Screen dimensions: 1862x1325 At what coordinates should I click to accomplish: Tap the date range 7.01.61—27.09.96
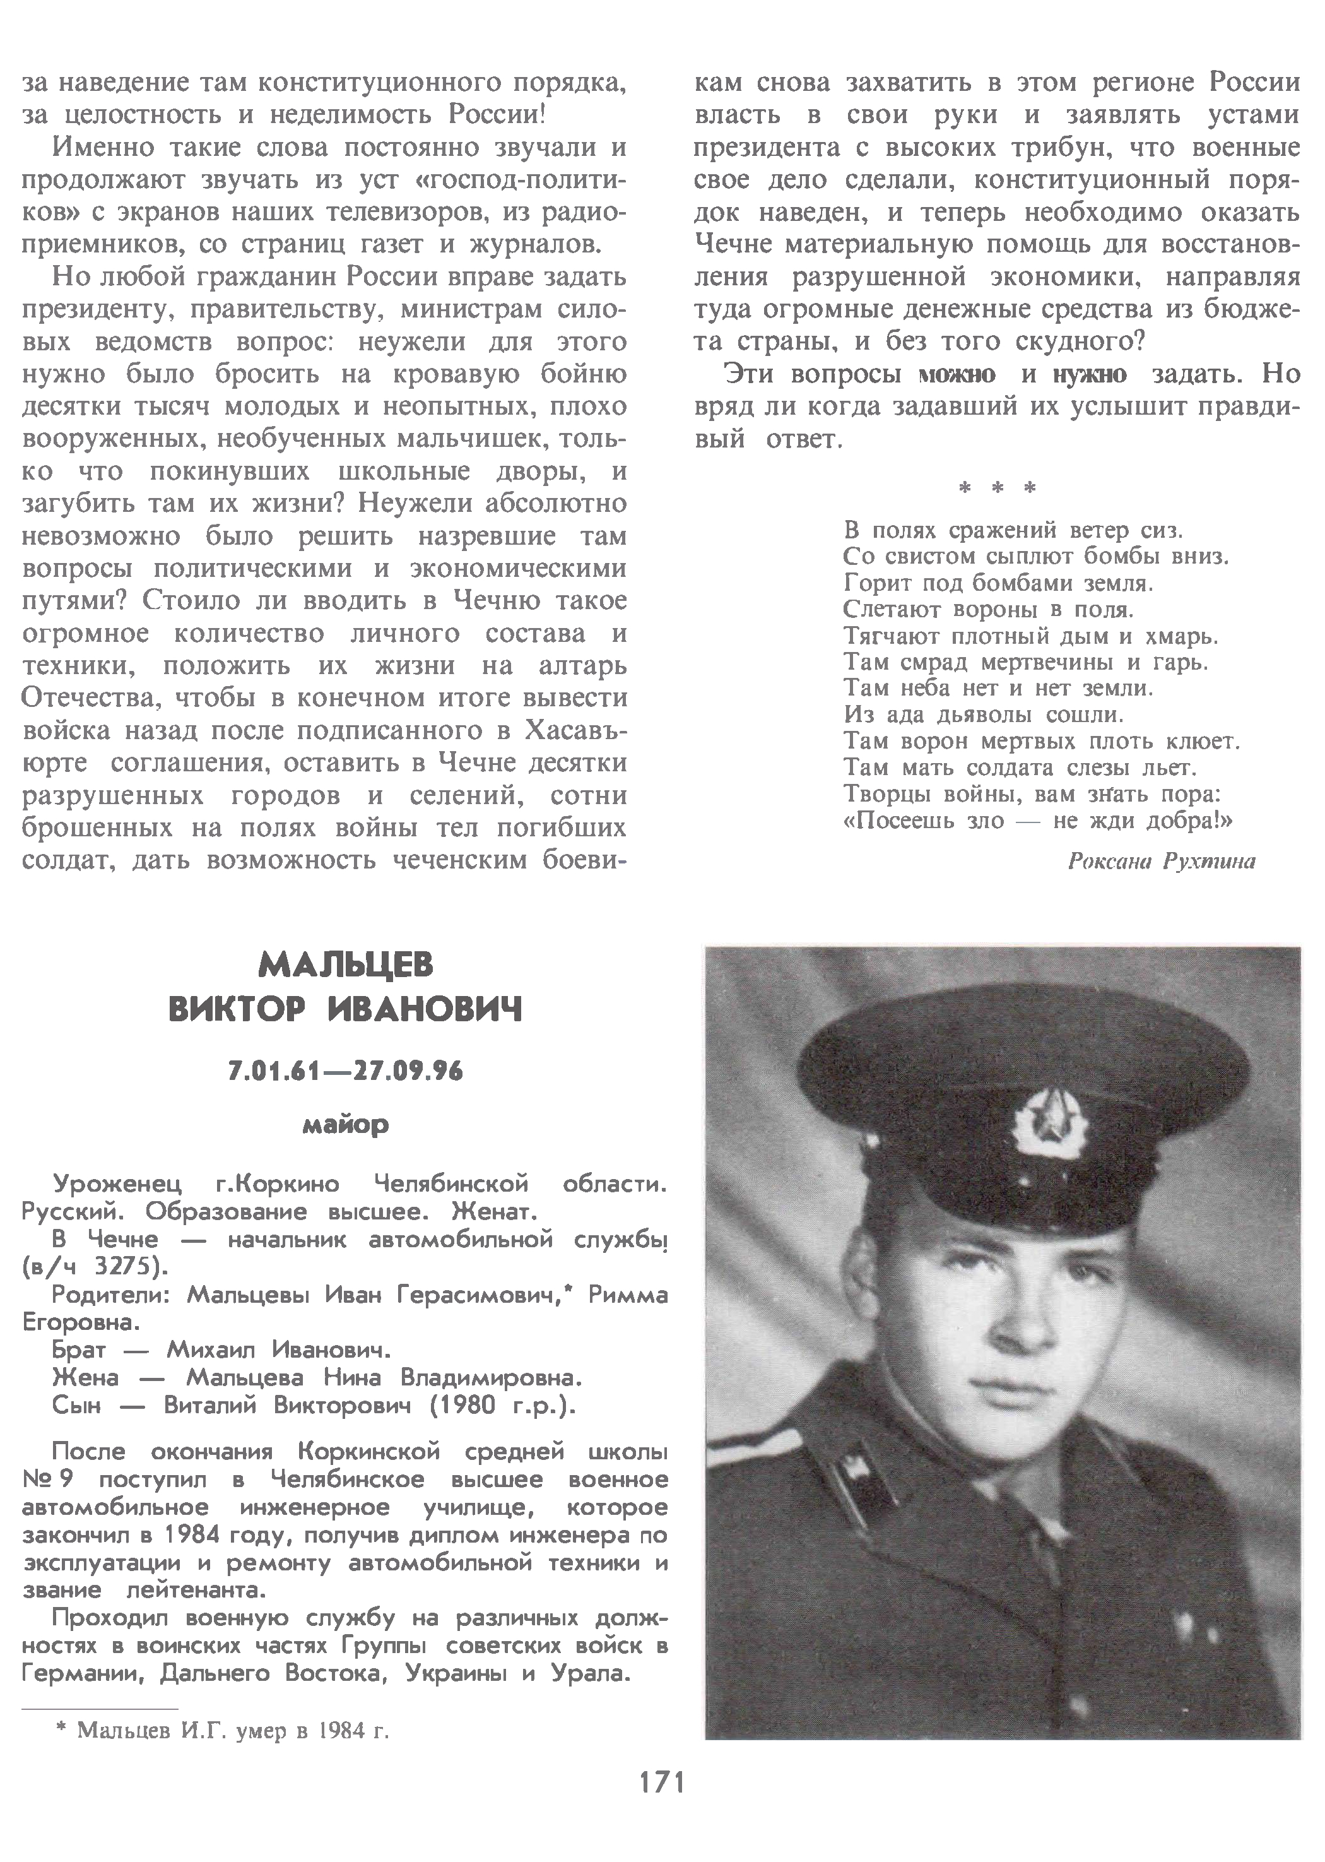346,1071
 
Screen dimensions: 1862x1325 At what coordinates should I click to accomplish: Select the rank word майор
346,1126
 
